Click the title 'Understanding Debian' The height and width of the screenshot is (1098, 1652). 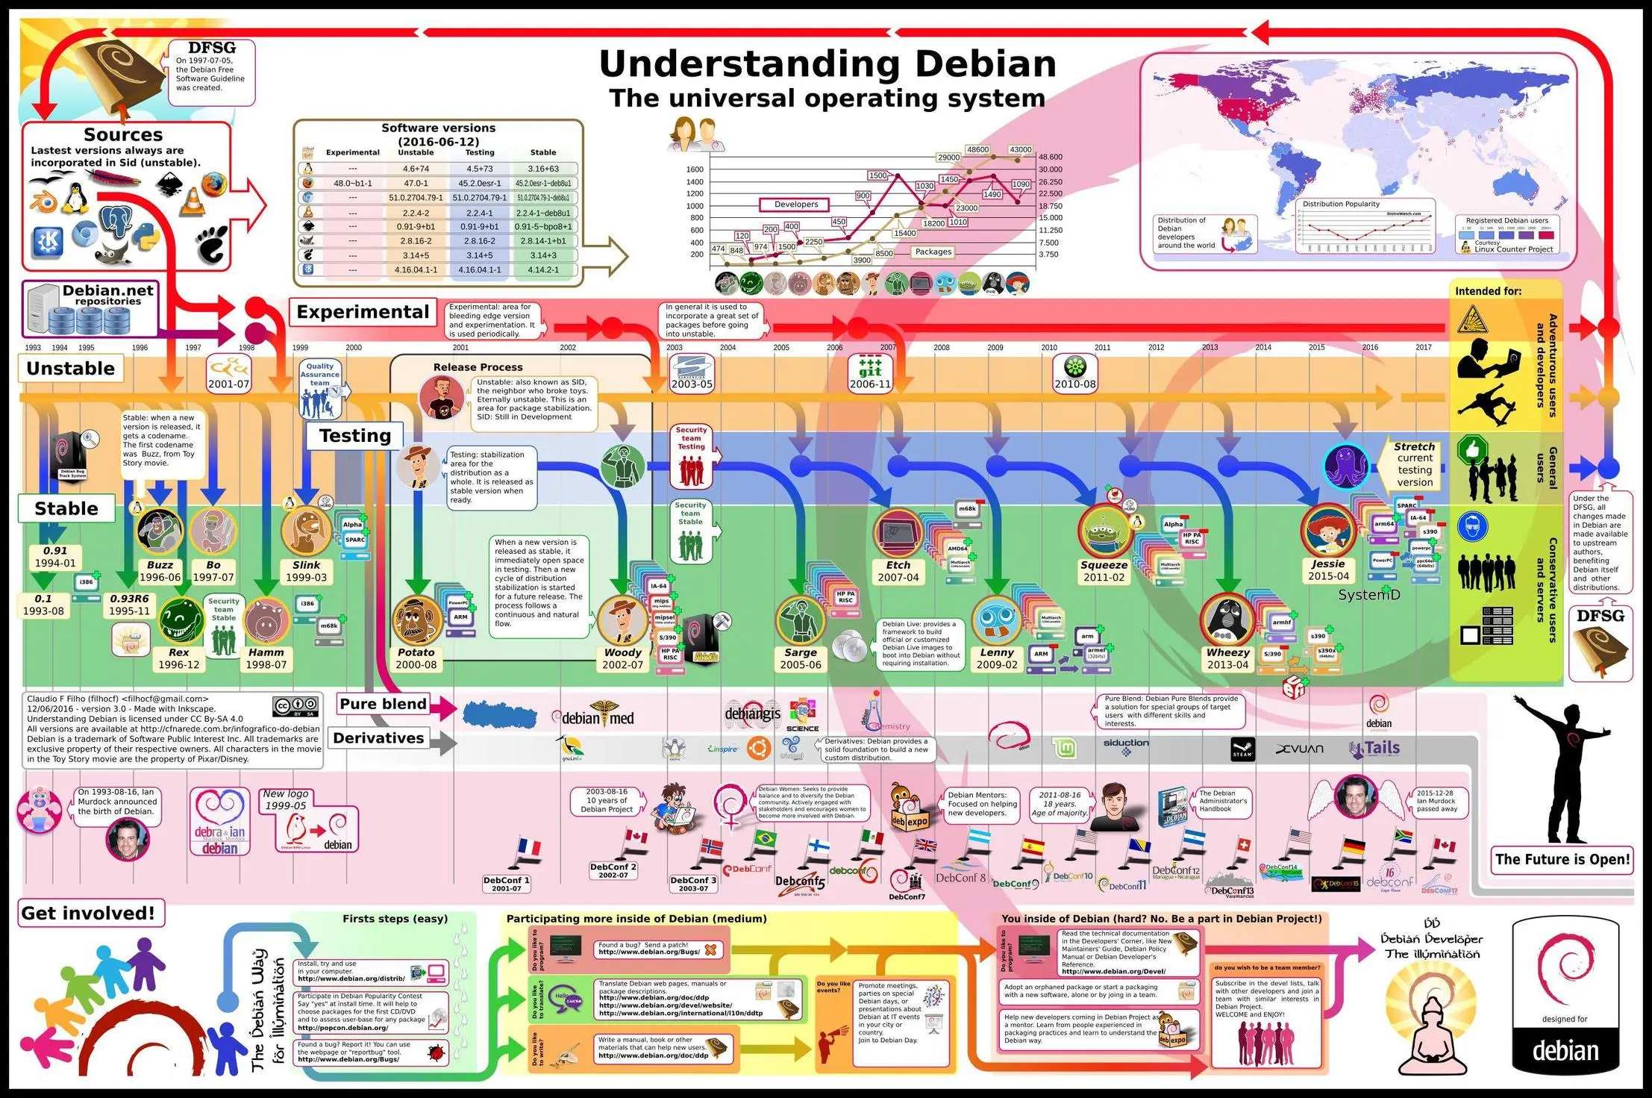(x=827, y=63)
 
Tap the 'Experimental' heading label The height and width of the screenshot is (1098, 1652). (x=363, y=312)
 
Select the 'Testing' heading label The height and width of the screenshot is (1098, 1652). (x=354, y=436)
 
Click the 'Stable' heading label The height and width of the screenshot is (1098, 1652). (x=66, y=508)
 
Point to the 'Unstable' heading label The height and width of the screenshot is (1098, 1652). (x=70, y=368)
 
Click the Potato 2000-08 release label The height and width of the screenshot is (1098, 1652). (x=416, y=658)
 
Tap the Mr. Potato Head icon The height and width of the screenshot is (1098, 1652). (x=416, y=620)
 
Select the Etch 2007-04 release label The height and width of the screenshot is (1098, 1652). (x=898, y=572)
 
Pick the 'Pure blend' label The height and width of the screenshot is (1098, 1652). (x=383, y=704)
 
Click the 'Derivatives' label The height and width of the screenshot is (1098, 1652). (x=378, y=738)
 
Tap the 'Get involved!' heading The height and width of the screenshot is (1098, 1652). (x=88, y=913)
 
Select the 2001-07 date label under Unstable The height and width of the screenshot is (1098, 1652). (x=228, y=384)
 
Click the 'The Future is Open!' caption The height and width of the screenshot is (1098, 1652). (x=1562, y=859)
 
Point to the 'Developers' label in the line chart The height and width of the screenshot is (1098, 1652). (x=796, y=205)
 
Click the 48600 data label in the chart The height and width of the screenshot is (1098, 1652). (x=977, y=150)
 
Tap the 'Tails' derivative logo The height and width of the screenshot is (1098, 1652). (x=1376, y=749)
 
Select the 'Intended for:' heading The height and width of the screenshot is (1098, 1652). (x=1488, y=291)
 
